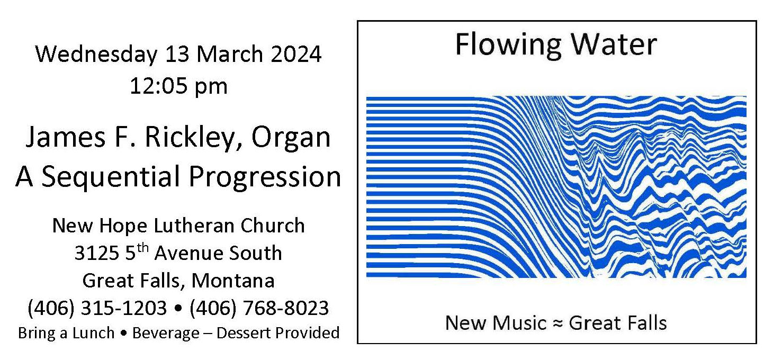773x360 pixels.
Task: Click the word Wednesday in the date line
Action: pos(96,55)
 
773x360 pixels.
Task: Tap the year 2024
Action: pos(296,54)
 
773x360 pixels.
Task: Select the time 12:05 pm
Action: pos(179,86)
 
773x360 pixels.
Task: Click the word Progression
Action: pos(265,176)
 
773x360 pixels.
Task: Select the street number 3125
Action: pos(96,253)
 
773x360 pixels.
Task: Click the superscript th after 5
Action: pos(142,248)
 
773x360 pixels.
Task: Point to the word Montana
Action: pos(233,280)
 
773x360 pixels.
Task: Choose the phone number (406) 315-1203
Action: pos(97,308)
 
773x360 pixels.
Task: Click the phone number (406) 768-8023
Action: pos(259,308)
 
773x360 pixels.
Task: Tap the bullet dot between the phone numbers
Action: pos(178,309)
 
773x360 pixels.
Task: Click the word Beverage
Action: pos(166,333)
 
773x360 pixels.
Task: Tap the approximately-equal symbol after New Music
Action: pos(558,323)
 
